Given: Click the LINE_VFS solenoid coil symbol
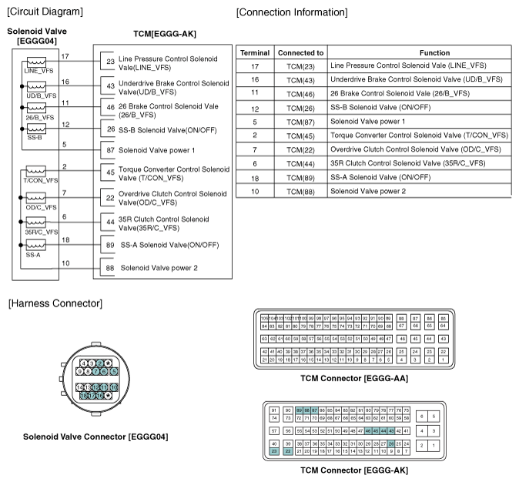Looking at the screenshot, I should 36,63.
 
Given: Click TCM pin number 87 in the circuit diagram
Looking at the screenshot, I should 110,150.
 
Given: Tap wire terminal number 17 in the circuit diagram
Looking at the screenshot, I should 65,56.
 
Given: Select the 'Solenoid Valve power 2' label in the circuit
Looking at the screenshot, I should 159,268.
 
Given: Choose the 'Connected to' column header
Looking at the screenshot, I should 300,52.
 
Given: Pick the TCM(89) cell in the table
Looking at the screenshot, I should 300,177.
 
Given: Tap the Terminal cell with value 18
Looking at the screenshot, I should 254,177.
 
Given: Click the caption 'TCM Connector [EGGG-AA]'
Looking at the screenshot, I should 354,378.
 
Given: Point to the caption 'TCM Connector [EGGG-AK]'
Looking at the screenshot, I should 354,470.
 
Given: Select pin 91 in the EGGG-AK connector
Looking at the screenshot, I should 274,410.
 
